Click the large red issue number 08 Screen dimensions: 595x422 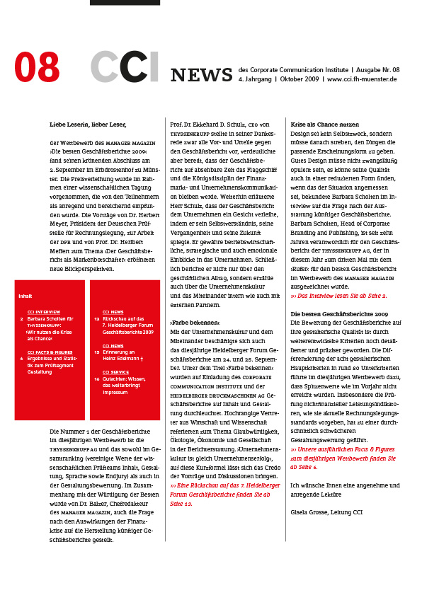pyautogui.click(x=37, y=69)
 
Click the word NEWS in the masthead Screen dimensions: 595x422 pyautogui.click(x=201, y=75)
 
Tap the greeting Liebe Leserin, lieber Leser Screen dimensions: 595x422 pyautogui.click(x=88, y=125)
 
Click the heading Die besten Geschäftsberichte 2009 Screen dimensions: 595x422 pyautogui.click(x=339, y=313)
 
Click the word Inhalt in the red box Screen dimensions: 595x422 pyautogui.click(x=25, y=296)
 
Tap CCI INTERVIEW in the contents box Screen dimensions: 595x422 pyautogui.click(x=44, y=311)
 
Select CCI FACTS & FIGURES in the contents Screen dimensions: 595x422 pyautogui.click(x=50, y=351)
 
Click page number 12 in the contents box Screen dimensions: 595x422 pyautogui.click(x=96, y=318)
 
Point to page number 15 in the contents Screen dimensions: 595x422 pyautogui.click(x=96, y=351)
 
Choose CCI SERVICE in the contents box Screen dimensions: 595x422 pyautogui.click(x=115, y=371)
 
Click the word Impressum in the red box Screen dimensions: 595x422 pyautogui.click(x=115, y=391)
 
